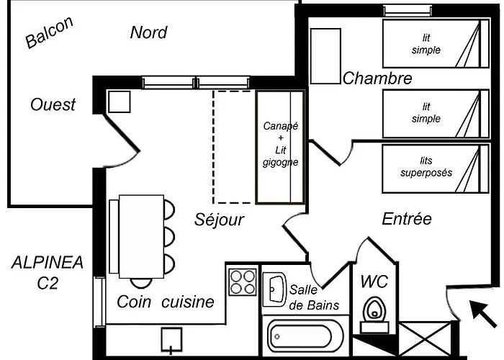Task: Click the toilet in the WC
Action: coord(374,315)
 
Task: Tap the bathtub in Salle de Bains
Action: coord(300,336)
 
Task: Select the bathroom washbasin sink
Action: coord(274,289)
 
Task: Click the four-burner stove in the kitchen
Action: coord(243,282)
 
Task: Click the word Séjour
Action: coord(219,220)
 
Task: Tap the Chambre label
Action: coord(377,78)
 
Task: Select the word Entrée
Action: coord(407,219)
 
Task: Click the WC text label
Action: coord(374,282)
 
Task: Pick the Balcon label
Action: coord(50,32)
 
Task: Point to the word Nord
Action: coord(149,32)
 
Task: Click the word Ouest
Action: coord(53,105)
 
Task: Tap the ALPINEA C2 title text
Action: coord(48,273)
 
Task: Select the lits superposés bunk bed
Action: coord(436,168)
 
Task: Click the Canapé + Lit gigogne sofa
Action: coord(280,147)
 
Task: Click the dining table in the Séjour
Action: coord(141,237)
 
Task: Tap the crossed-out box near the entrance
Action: coord(426,339)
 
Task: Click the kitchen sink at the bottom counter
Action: coord(171,340)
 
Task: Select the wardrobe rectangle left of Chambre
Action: coord(325,56)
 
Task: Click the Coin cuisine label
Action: coord(166,302)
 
